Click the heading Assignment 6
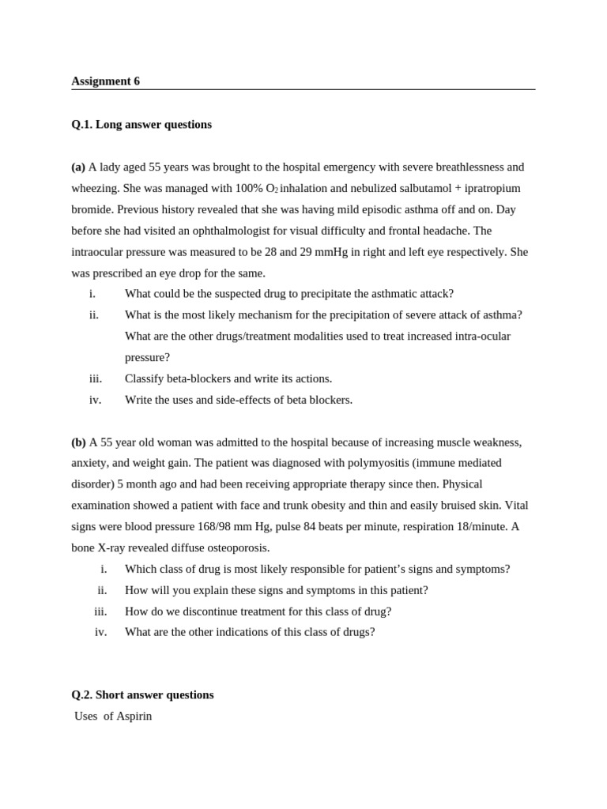click(x=105, y=81)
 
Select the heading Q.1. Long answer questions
click(x=141, y=125)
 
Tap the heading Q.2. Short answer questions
click(x=142, y=695)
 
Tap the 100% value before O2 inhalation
click(x=249, y=188)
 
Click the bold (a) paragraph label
click(x=78, y=167)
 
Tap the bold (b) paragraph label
click(x=78, y=442)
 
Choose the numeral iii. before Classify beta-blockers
click(x=96, y=379)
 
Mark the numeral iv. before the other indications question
click(x=100, y=632)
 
